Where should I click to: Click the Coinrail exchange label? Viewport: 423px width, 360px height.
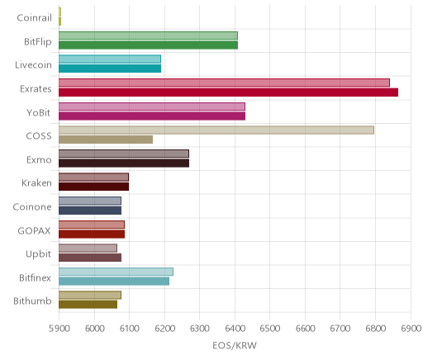pos(34,18)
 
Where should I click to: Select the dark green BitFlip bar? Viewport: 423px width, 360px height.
pos(148,45)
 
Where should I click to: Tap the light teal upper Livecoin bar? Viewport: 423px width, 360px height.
pos(110,59)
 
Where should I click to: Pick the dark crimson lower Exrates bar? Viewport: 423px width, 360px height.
pos(228,92)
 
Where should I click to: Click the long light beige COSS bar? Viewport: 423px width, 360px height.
pos(216,130)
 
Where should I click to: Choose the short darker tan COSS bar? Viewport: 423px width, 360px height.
pos(106,140)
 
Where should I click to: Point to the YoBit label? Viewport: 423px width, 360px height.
pos(38,113)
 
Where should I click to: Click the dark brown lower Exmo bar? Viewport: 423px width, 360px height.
pos(124,163)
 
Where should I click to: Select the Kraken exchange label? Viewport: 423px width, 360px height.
pos(36,183)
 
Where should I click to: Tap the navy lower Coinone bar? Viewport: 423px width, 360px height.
pos(90,211)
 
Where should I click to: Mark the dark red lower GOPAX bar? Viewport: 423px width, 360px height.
pos(92,234)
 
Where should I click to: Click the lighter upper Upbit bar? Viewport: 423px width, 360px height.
pos(88,248)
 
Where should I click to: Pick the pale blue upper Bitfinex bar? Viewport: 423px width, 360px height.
pos(116,272)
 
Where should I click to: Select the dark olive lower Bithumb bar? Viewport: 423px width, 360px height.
pos(88,305)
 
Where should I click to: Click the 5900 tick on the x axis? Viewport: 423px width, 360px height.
pos(59,329)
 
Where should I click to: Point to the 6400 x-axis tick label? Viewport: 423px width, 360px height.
pos(235,329)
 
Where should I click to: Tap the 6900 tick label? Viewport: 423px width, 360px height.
pos(411,329)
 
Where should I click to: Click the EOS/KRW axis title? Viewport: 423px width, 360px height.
pos(235,346)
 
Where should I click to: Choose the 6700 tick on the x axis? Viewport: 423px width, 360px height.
pos(340,329)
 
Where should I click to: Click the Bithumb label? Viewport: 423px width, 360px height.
pos(32,301)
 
